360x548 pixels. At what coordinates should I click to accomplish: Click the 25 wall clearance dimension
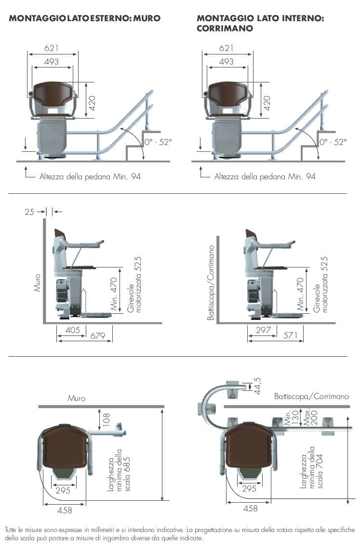coord(29,212)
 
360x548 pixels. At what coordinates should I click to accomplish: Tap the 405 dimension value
coord(73,330)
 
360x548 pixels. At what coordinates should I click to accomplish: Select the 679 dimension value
coord(98,336)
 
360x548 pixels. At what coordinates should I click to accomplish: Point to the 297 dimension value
coord(263,330)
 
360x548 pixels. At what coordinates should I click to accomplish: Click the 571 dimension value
coord(291,335)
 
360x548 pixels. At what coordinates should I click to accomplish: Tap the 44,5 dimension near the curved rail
coord(257,386)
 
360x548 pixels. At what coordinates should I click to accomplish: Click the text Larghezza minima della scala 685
coord(119,470)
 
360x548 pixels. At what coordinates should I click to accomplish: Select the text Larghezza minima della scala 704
coord(311,467)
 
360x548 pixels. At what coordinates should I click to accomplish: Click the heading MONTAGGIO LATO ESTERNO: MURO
coord(85,18)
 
